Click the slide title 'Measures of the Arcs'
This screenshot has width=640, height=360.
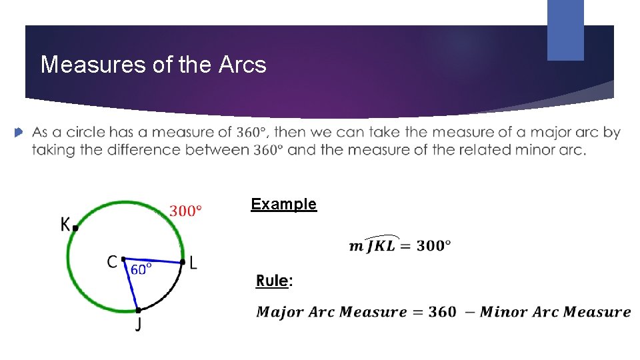pos(153,65)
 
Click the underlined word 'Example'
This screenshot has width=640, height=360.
pos(283,204)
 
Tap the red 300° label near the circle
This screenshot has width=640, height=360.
pos(185,211)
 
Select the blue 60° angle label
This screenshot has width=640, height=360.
pos(141,269)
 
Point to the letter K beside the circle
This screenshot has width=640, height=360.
pos(65,225)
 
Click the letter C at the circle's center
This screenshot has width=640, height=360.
pos(113,262)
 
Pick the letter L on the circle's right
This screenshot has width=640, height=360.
pos(193,263)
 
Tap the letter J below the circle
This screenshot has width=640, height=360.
pos(139,325)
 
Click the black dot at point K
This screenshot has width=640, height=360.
pos(75,228)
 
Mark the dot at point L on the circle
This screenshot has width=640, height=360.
pos(183,262)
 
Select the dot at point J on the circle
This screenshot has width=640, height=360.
pos(138,310)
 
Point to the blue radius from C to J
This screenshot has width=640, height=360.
pos(131,285)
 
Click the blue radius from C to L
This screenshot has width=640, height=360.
pos(153,260)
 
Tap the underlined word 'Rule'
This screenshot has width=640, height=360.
pos(272,281)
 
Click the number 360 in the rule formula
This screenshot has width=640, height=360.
pos(443,311)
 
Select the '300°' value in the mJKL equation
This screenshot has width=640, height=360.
pos(433,245)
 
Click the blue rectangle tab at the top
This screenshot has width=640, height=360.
pos(565,30)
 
